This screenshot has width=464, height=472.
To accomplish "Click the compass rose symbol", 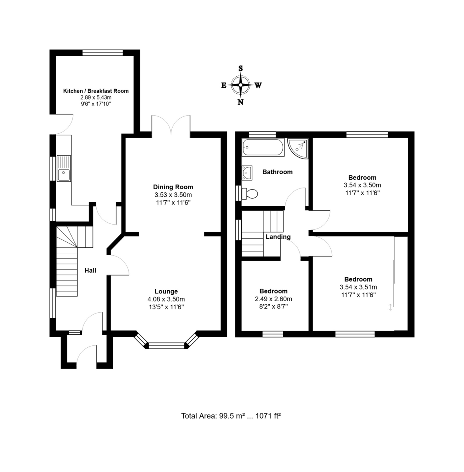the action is pyautogui.click(x=241, y=85).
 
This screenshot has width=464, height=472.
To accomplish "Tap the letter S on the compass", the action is pyautogui.click(x=241, y=68).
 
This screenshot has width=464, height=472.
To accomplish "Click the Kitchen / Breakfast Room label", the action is pyautogui.click(x=96, y=91).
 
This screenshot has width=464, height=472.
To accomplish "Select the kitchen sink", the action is pyautogui.click(x=64, y=168).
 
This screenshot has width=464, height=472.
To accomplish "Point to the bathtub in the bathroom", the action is pyautogui.click(x=263, y=147).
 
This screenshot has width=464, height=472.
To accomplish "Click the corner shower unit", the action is pyautogui.click(x=298, y=148).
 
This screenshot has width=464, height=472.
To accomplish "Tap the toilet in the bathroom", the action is pyautogui.click(x=249, y=194).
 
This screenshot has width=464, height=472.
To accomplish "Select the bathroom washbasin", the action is pyautogui.click(x=247, y=173).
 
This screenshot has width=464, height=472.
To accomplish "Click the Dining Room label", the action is pyautogui.click(x=173, y=187).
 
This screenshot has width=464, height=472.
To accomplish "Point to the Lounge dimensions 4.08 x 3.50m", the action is pyautogui.click(x=166, y=299).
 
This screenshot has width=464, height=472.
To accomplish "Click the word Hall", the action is pyautogui.click(x=90, y=270).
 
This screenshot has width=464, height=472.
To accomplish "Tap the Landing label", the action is pyautogui.click(x=278, y=237).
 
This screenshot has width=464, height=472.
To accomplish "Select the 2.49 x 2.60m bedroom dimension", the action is pyautogui.click(x=273, y=299).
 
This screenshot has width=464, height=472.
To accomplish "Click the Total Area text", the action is pyautogui.click(x=231, y=416).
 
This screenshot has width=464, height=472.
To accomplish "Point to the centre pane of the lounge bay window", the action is pyautogui.click(x=166, y=346).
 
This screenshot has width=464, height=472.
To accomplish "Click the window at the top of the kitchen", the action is pyautogui.click(x=102, y=53).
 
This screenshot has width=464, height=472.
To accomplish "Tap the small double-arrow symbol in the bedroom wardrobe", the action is pyautogui.click(x=390, y=307).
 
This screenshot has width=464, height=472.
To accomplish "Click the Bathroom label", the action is pyautogui.click(x=277, y=172).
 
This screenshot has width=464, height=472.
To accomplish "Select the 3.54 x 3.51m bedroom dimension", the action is pyautogui.click(x=358, y=287).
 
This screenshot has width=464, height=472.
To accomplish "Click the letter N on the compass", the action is pyautogui.click(x=241, y=102).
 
